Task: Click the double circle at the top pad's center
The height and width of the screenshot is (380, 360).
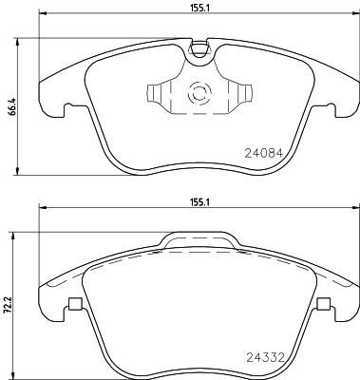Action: click(200, 94)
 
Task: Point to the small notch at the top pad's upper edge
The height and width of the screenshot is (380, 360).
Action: click(199, 48)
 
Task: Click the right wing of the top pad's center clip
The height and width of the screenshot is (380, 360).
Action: click(241, 94)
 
